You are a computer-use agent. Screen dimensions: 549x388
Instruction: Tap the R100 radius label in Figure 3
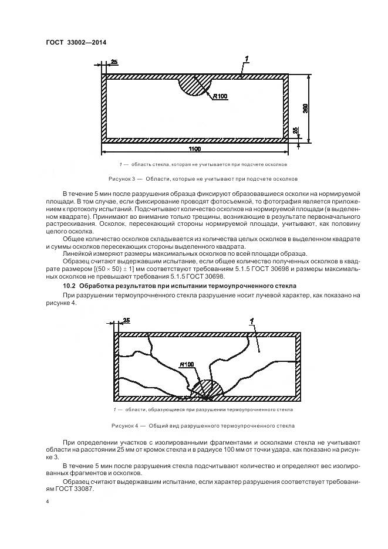click(220, 96)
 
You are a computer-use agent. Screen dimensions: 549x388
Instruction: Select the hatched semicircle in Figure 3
click(194, 84)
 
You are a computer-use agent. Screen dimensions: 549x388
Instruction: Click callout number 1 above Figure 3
click(248, 59)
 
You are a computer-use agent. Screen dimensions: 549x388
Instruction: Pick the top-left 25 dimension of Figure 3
click(114, 62)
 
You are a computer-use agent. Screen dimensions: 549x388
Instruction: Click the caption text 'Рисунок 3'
click(122, 178)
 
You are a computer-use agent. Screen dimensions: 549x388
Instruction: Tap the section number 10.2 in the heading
click(69, 286)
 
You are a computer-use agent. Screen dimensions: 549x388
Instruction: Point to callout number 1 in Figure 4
click(251, 321)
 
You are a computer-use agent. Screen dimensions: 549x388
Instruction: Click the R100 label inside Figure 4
click(188, 365)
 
